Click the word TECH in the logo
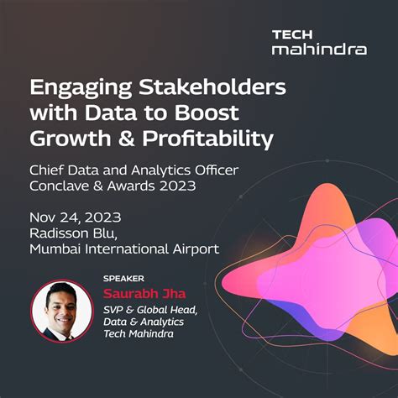coord(291,34)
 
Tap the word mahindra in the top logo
coord(318,50)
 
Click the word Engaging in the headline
coord(76,88)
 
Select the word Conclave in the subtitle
coord(63,186)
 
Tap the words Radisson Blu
coord(72,232)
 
